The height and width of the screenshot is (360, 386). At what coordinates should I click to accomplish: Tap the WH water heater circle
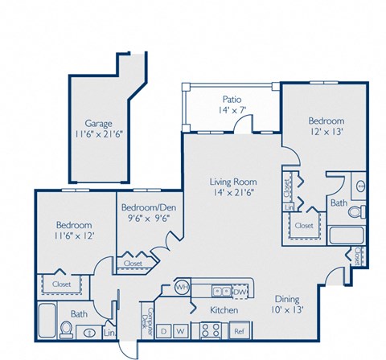[x=183, y=287]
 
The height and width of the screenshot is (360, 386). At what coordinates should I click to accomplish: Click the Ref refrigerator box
[x=238, y=329]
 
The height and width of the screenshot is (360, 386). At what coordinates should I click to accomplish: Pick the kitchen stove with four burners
[x=210, y=329]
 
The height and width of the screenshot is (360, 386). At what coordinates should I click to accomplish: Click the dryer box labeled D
[x=164, y=329]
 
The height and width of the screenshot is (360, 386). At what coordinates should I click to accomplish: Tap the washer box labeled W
[x=181, y=329]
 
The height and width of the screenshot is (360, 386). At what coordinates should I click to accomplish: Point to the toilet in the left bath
[x=66, y=329]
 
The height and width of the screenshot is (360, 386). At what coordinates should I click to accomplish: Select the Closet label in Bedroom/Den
[x=133, y=262]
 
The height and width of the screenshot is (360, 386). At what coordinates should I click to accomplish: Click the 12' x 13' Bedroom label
[x=326, y=127]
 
